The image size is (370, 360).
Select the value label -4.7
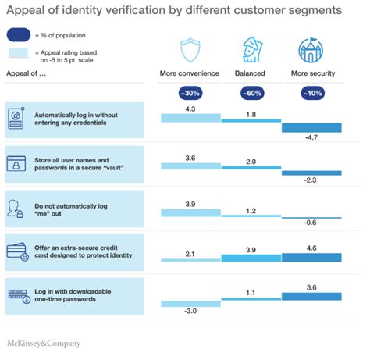[311, 138]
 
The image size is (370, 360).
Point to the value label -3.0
[190, 312]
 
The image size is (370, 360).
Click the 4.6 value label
[311, 247]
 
